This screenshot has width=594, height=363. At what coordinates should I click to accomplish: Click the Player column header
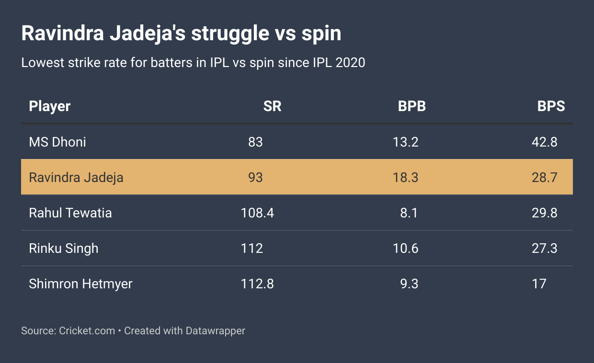[50, 106]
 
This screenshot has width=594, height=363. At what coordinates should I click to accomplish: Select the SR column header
[272, 106]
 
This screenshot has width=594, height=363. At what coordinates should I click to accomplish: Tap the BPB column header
[411, 106]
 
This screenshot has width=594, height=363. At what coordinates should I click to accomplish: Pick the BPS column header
[551, 106]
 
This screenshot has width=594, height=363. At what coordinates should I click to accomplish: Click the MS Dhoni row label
[57, 142]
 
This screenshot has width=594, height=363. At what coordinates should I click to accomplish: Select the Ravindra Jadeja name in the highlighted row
[76, 177]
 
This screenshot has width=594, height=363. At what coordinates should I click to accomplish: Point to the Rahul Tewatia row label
[70, 213]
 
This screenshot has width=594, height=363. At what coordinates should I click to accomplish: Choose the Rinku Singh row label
[64, 248]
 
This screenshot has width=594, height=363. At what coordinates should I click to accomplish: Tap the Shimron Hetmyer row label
[80, 284]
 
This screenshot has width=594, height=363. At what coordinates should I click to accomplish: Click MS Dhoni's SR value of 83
[255, 142]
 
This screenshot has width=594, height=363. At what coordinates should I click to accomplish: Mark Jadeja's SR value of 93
[255, 177]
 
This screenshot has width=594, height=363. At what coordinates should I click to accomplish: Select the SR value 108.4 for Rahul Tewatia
[257, 213]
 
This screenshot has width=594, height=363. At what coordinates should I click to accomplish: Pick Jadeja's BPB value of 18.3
[405, 177]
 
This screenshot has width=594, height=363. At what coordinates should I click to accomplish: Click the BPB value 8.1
[409, 213]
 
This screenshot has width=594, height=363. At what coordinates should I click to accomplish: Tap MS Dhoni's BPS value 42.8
[545, 142]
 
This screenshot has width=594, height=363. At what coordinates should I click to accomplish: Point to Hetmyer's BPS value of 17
[539, 284]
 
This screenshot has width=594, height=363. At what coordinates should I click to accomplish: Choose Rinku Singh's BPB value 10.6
[405, 248]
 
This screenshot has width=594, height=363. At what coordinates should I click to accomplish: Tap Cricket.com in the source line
[87, 330]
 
